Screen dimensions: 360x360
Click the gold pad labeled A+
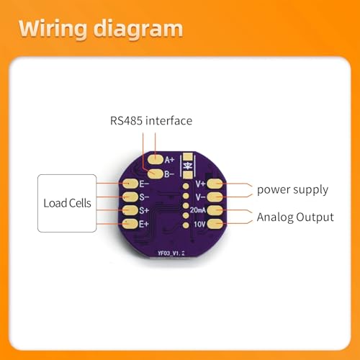click(156, 159)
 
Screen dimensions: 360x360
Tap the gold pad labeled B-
click(156, 174)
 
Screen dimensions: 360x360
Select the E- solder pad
click(130, 184)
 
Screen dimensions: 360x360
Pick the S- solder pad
click(130, 197)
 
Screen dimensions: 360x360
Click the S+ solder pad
click(130, 210)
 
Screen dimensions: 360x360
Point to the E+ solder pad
click(130, 224)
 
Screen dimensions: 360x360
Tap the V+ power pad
click(215, 184)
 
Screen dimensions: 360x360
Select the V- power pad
click(215, 197)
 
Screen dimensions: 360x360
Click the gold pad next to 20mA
click(215, 210)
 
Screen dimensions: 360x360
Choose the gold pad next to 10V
click(215, 224)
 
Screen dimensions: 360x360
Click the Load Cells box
click(67, 203)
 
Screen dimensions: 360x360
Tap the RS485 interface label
click(151, 120)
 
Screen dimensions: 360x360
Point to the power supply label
click(292, 190)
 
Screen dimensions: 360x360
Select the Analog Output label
click(295, 217)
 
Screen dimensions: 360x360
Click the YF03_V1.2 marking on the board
click(171, 253)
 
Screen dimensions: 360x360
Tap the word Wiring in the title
click(53, 30)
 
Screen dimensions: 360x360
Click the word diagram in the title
click(138, 30)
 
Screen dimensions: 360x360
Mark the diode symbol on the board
click(188, 166)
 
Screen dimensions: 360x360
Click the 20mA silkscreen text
click(197, 210)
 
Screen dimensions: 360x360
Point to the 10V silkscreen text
click(199, 224)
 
